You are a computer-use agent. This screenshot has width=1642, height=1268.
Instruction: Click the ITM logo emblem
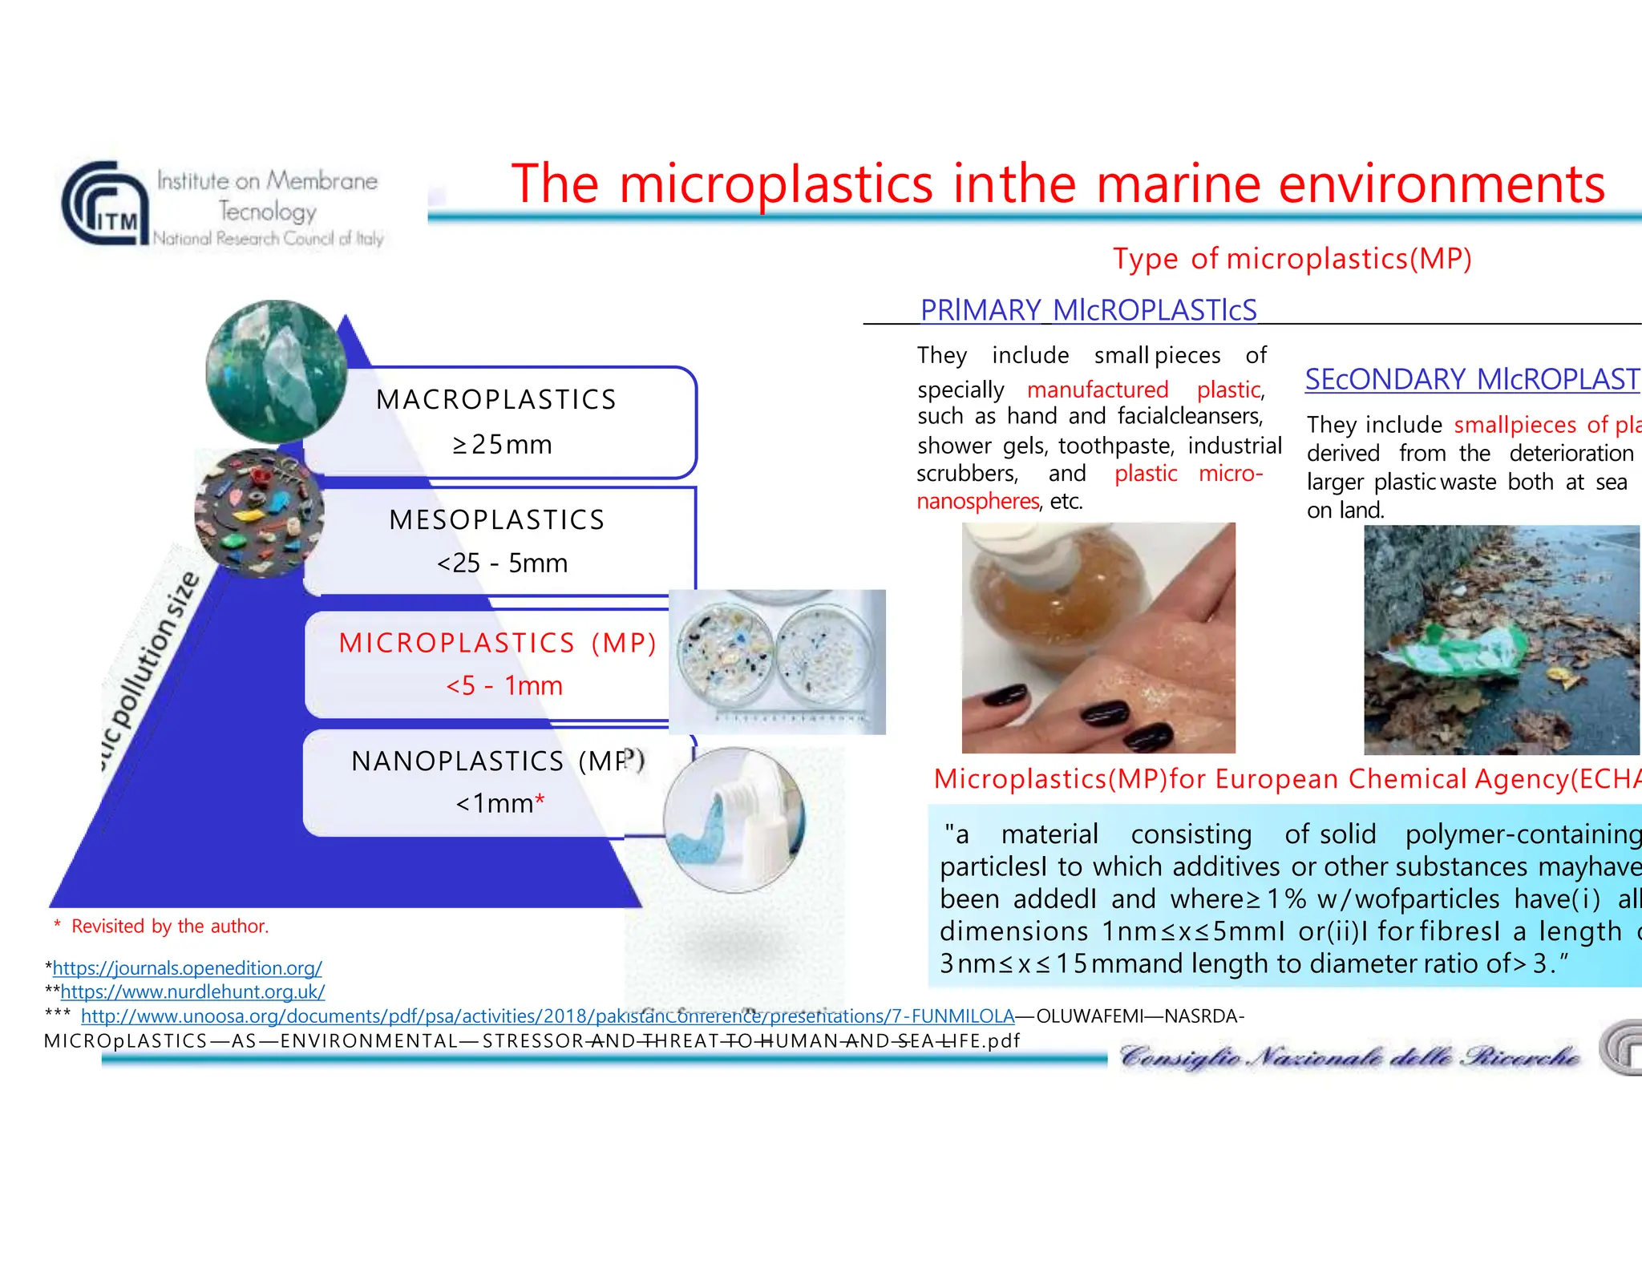point(103,204)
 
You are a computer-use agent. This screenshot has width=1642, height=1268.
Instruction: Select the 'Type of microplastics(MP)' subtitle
point(1292,259)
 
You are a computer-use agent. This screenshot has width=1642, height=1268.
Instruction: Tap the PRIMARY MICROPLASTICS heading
point(1088,310)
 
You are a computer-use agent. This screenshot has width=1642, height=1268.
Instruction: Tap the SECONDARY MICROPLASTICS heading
point(1471,379)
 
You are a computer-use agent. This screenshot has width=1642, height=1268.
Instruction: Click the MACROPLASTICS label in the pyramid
point(496,399)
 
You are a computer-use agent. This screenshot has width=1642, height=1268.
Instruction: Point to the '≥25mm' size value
point(503,444)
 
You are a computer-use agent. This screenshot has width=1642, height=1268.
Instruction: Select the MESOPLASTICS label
point(496,519)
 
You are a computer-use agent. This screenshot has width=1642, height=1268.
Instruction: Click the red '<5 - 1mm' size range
point(504,685)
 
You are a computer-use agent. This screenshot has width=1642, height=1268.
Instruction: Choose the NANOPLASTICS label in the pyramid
point(457,761)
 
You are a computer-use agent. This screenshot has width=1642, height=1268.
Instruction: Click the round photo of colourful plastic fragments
point(258,513)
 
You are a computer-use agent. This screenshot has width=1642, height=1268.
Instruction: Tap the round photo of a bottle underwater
point(276,372)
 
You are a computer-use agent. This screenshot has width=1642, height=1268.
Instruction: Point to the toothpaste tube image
point(734,819)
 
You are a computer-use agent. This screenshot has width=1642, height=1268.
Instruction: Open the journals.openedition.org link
point(187,967)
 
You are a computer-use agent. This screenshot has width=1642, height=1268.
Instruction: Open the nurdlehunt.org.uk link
point(192,991)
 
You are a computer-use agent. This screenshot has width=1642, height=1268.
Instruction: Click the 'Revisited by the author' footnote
point(169,927)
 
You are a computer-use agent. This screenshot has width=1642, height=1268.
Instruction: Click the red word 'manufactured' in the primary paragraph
point(1097,390)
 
